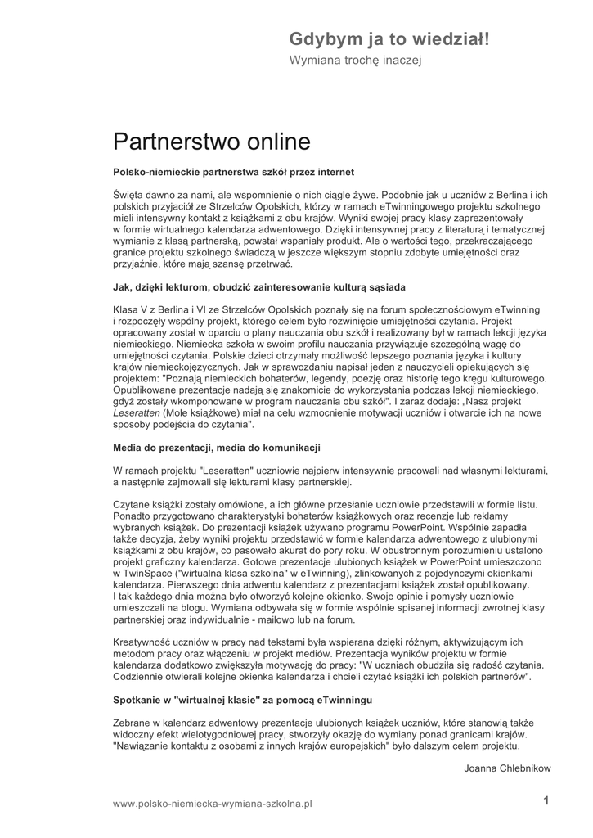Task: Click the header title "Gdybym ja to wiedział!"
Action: (x=389, y=39)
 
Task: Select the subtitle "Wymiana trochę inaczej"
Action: (x=355, y=61)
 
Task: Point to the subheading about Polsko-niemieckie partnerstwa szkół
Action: (x=233, y=173)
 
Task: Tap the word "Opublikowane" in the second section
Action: (x=146, y=390)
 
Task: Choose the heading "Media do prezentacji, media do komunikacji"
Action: (x=216, y=448)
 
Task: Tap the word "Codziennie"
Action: (x=140, y=677)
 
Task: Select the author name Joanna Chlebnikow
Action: (x=507, y=768)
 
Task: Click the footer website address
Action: (x=213, y=804)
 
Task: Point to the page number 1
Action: (x=546, y=802)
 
